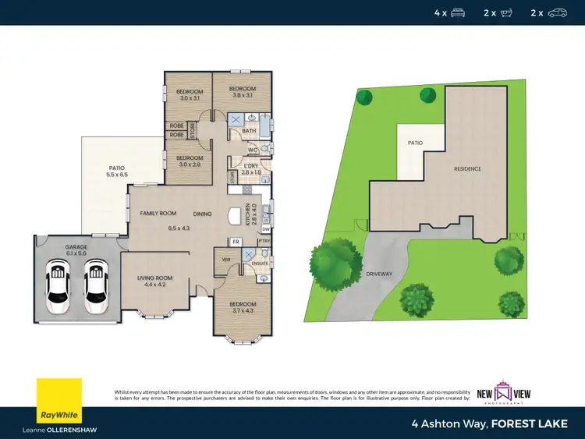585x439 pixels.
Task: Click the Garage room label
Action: pyautogui.click(x=76, y=246)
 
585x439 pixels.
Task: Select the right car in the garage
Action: pyautogui.click(x=95, y=282)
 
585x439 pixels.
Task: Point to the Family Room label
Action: pyautogui.click(x=158, y=213)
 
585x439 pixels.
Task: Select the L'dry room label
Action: pyautogui.click(x=250, y=167)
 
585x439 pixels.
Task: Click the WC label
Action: pyautogui.click(x=252, y=150)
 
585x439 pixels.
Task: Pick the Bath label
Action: pyautogui.click(x=249, y=131)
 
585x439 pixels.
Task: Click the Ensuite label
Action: pyautogui.click(x=260, y=263)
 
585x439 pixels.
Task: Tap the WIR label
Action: pyautogui.click(x=225, y=260)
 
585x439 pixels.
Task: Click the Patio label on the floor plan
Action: pyautogui.click(x=116, y=168)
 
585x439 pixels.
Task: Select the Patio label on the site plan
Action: pyautogui.click(x=416, y=143)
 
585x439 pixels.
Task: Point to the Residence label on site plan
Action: pyautogui.click(x=468, y=168)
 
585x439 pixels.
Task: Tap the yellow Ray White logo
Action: pyautogui.click(x=59, y=400)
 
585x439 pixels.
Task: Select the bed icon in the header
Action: pyautogui.click(x=458, y=12)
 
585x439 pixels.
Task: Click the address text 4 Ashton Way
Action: pyautogui.click(x=446, y=424)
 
